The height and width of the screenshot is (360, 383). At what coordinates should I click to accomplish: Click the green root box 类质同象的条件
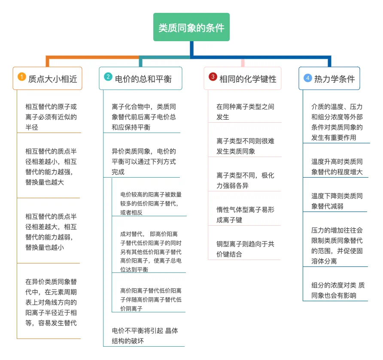[191, 27]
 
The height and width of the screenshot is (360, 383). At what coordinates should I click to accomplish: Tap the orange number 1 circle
[22, 77]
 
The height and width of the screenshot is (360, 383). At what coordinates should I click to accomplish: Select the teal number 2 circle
[108, 77]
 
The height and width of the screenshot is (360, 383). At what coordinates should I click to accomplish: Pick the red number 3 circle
[213, 77]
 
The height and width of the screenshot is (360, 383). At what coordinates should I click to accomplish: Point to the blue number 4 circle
[307, 78]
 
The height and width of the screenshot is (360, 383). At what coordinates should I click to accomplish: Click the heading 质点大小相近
[52, 79]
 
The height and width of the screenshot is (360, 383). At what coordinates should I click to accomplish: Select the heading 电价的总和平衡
[143, 79]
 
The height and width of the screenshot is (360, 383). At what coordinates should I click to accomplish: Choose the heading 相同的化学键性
[248, 79]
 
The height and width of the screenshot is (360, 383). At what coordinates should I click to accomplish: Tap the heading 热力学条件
[334, 79]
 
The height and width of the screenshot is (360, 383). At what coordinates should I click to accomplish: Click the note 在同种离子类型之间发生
[245, 112]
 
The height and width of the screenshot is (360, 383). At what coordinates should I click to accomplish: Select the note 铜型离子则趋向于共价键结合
[245, 249]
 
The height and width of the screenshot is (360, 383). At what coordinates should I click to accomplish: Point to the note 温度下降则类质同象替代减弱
[337, 201]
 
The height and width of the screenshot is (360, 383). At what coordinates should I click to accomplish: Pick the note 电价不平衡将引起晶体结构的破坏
[145, 336]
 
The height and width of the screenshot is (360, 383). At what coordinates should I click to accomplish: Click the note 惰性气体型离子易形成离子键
[245, 215]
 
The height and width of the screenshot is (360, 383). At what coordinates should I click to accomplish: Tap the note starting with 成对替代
[151, 251]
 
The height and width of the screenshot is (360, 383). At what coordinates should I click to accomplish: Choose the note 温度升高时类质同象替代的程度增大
[337, 166]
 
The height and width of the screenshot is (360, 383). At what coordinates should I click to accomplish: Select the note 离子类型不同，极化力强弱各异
[245, 180]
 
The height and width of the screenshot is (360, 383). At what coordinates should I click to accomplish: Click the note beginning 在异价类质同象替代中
[51, 302]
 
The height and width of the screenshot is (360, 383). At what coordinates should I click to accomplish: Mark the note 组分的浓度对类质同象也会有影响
[338, 290]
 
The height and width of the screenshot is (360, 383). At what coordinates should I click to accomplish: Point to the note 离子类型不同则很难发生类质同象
[245, 146]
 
